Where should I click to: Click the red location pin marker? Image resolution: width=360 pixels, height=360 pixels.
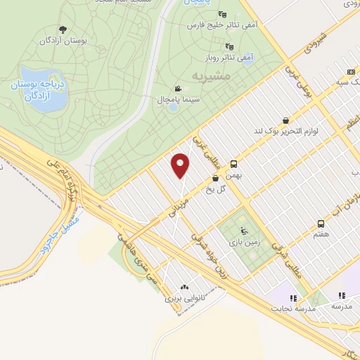pos(181,165)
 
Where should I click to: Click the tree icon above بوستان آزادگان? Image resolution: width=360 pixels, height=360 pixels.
pos(63,30)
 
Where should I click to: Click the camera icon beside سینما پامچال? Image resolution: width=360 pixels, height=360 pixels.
pos(178,89)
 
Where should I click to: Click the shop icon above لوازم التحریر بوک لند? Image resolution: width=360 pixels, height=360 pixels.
pos(285,120)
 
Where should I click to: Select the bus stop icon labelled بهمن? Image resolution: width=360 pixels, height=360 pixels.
pos(233,164)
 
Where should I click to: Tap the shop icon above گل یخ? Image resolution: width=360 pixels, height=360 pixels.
pos(215,179)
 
